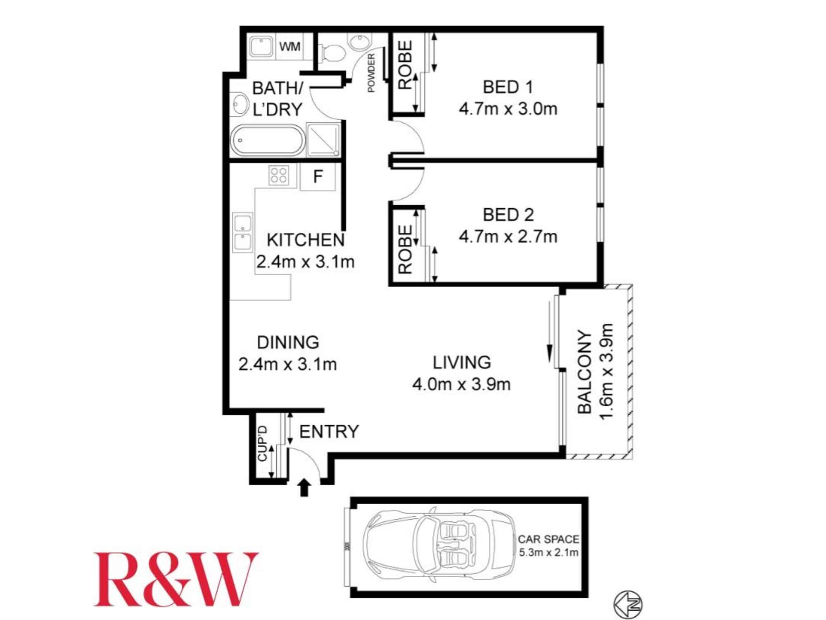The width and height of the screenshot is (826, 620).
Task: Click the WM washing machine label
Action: (x=290, y=46)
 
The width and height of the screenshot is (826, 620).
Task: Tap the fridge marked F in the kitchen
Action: (x=318, y=177)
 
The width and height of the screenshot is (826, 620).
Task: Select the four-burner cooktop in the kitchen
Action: (x=279, y=174)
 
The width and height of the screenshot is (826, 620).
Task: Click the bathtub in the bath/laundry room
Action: (x=267, y=141)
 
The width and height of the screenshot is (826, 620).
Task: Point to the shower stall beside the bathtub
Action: (x=323, y=140)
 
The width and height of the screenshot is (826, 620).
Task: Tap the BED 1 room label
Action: (x=508, y=87)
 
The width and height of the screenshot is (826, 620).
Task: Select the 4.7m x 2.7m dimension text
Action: (x=508, y=237)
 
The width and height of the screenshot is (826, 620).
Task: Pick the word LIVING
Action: (x=462, y=362)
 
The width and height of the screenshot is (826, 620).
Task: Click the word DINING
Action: (x=288, y=342)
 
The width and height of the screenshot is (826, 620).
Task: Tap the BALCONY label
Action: (x=584, y=372)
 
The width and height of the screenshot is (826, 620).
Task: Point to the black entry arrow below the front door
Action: (x=304, y=487)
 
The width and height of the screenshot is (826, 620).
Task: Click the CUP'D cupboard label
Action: (x=263, y=444)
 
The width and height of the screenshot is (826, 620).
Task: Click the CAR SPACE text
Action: (x=548, y=539)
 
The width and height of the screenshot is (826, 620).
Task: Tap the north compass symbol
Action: (x=628, y=605)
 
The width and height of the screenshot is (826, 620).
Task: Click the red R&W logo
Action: (x=176, y=579)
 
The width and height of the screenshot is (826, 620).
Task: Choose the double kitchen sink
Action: (x=243, y=233)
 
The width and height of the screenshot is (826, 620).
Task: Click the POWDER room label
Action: (x=371, y=73)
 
